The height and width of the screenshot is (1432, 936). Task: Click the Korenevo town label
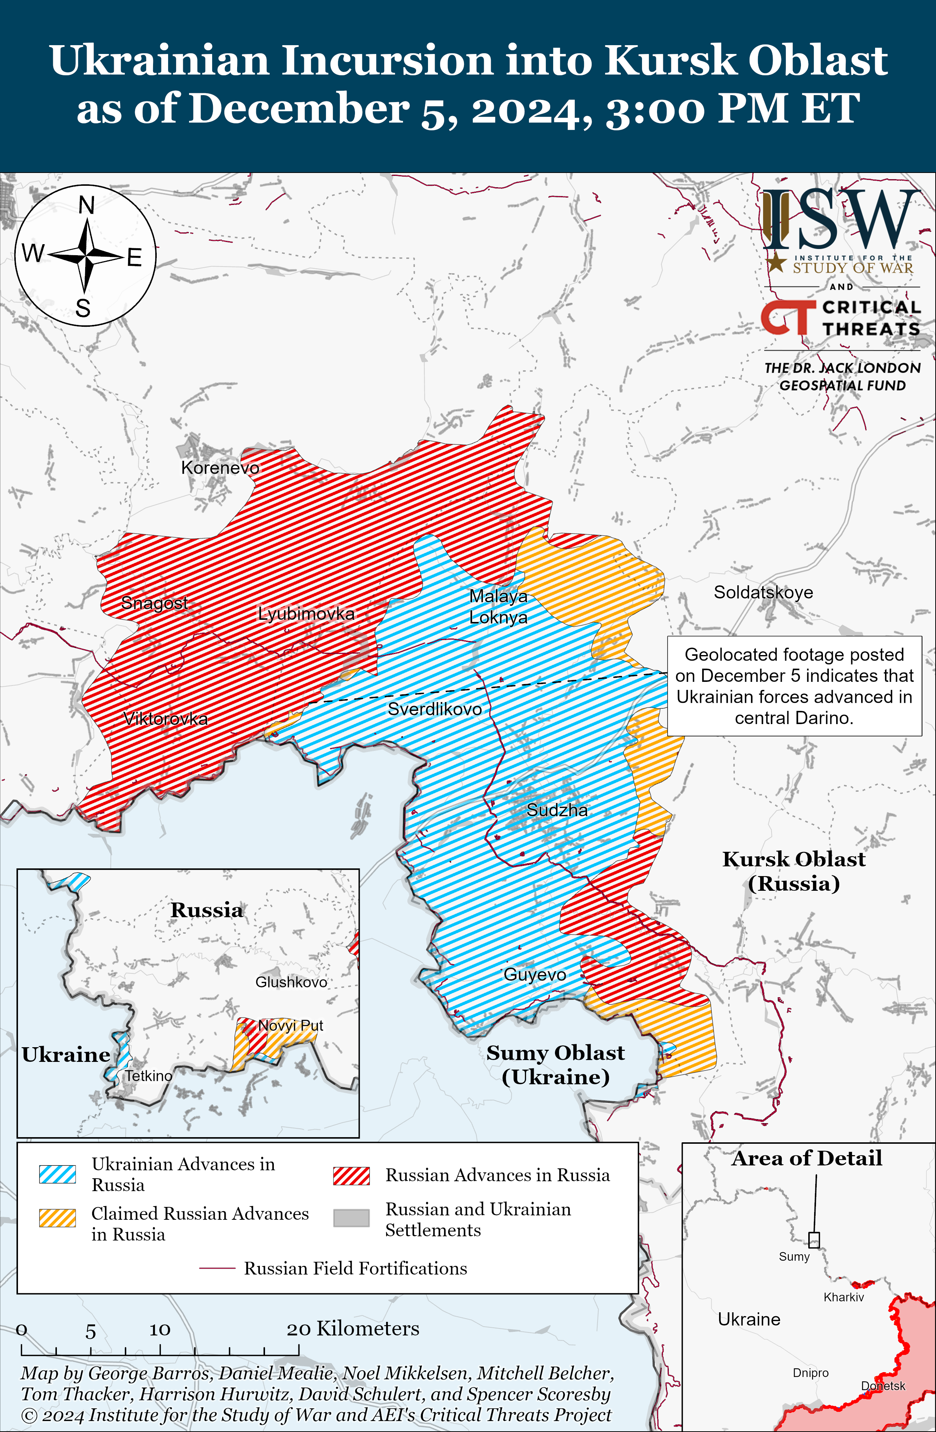220,467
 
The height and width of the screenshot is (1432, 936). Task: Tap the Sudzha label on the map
557,810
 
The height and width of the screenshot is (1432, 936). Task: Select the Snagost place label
154,602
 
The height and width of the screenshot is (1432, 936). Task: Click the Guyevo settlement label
535,974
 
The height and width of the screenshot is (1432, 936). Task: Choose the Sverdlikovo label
434,709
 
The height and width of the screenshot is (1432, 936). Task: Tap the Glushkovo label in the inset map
291,982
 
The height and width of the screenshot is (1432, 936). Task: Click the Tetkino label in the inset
148,1075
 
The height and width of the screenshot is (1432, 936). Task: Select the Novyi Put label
291,1025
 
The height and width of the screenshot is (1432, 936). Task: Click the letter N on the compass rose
87,205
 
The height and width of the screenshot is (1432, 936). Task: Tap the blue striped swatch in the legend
57,1174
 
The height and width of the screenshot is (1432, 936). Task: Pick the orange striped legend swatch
57,1217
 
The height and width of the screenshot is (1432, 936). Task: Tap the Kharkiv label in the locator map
844,1297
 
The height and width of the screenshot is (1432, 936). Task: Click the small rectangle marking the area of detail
813,1240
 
